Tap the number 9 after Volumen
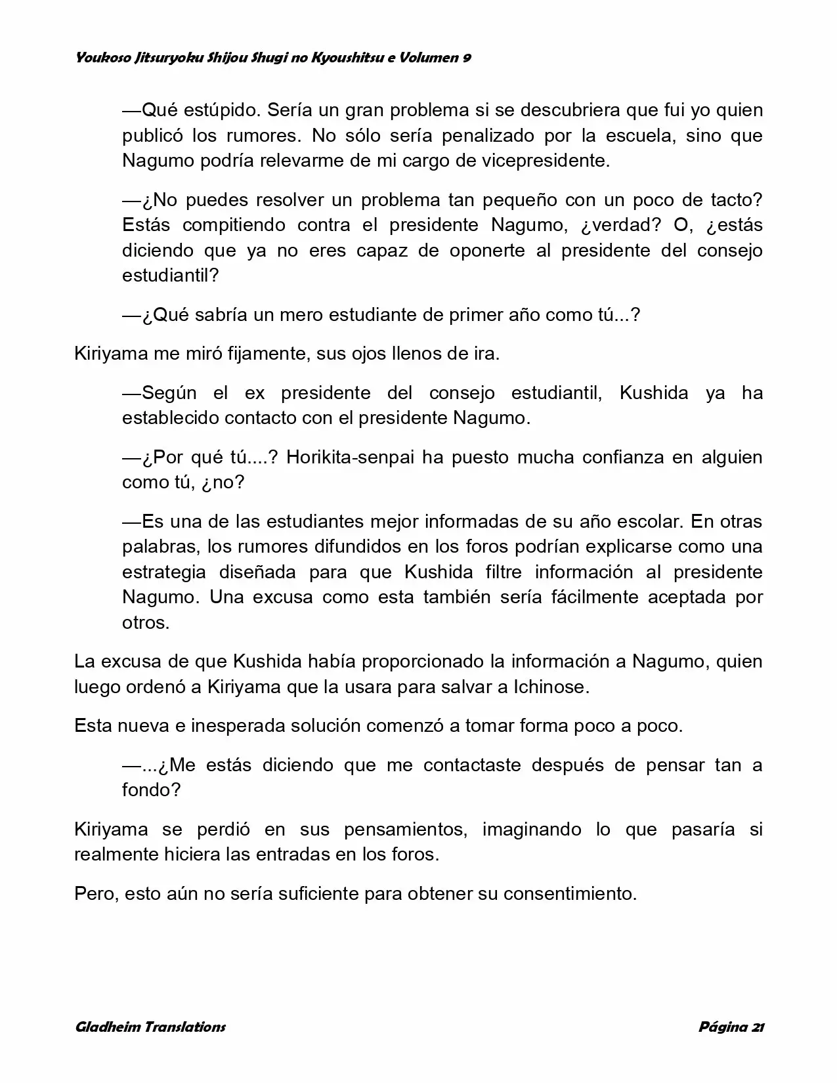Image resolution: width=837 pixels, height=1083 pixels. click(x=466, y=58)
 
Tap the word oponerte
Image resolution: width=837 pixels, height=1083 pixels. click(x=487, y=250)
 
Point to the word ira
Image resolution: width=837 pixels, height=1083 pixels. click(x=486, y=354)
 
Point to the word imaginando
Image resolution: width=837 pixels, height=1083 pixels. click(x=532, y=829)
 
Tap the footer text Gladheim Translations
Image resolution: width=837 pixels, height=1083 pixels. click(x=150, y=1027)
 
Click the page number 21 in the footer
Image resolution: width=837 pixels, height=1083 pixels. click(x=756, y=1027)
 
